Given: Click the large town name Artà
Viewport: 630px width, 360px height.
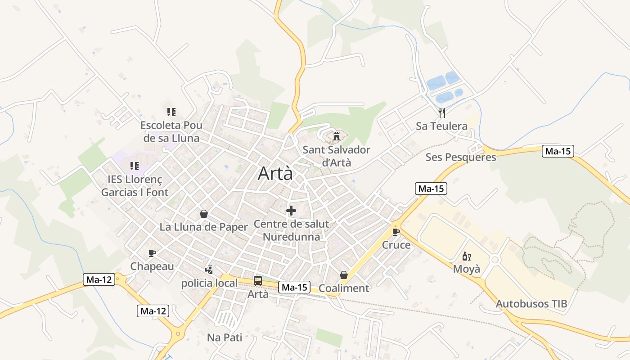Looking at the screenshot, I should [x=275, y=174].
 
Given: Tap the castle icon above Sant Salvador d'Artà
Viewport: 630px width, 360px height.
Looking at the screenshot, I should [x=336, y=135].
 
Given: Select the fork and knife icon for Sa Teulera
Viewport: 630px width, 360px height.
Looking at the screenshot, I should [x=442, y=112].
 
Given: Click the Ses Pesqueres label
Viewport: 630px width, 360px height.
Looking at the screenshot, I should [x=461, y=157].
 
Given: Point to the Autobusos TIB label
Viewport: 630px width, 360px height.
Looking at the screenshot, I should [x=531, y=304].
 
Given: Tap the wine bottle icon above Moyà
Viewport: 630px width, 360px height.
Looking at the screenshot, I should [x=466, y=256].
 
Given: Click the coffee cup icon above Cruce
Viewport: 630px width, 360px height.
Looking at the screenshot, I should [x=396, y=232].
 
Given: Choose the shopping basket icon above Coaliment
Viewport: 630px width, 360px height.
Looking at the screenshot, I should [x=344, y=275].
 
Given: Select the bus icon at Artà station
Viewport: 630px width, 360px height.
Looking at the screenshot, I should [x=258, y=281].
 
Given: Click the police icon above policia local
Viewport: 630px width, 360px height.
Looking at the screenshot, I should [x=209, y=270].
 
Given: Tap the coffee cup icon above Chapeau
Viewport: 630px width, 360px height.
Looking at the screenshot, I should [x=152, y=253].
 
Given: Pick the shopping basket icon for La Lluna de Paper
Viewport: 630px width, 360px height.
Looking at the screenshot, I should [x=204, y=214].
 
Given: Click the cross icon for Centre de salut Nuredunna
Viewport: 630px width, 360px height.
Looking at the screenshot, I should [x=291, y=210].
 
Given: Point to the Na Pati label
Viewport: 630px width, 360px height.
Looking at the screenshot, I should [x=225, y=337].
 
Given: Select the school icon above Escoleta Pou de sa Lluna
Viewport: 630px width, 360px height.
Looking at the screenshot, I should [x=171, y=112].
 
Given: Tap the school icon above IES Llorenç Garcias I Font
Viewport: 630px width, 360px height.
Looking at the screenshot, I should [x=134, y=166].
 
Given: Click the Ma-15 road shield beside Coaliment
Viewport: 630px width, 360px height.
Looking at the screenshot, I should [x=294, y=287].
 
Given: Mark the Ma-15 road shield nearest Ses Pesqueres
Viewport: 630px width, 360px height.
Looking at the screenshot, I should [x=558, y=151].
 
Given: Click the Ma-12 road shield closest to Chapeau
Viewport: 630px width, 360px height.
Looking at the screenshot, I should [x=99, y=279].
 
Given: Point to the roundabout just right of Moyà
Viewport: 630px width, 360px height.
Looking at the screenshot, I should [x=495, y=260].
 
